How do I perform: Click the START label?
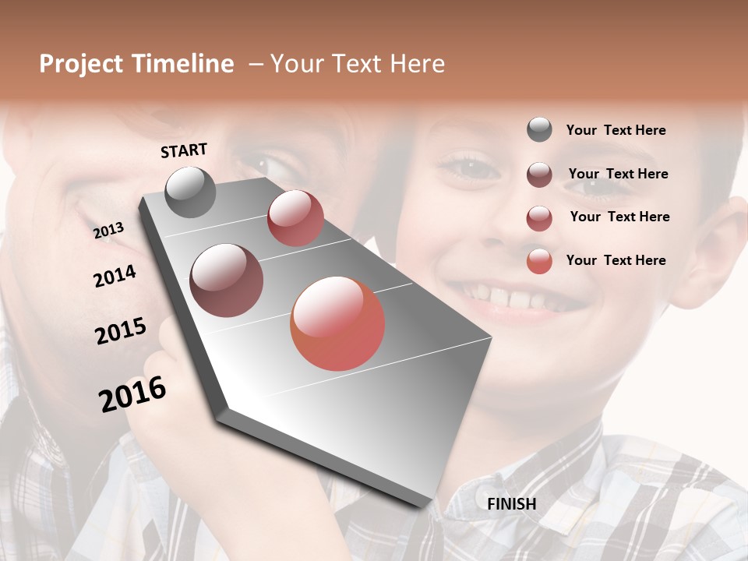point(184,150)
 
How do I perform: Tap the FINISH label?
point(511,504)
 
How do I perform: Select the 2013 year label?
point(109,231)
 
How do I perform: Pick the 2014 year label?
point(115,276)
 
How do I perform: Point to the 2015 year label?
point(121,331)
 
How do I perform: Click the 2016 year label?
point(132,394)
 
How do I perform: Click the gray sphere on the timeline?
point(190,192)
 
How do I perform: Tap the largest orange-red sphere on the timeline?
point(337,323)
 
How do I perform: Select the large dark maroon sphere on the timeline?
point(227,280)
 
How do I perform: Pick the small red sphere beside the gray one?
point(295,218)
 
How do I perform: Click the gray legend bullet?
point(539,129)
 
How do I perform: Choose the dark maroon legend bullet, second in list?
point(539,175)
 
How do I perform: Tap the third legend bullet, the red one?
point(539,218)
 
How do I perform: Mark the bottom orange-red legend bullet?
point(539,261)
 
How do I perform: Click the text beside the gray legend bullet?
point(616,130)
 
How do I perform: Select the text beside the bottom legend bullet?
point(616,260)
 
